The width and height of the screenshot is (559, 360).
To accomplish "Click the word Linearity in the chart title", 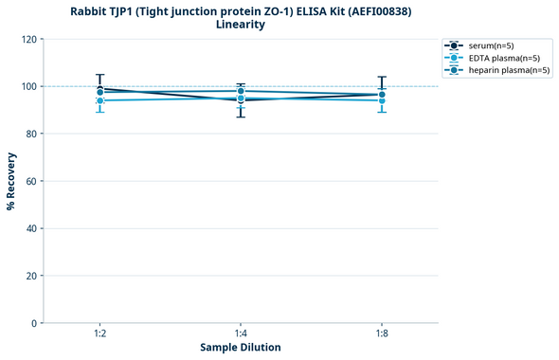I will pyautogui.click(x=241, y=25).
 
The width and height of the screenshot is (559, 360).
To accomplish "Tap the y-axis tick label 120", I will pyautogui.click(x=29, y=39).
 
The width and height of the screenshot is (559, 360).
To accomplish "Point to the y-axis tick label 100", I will pyautogui.click(x=29, y=86).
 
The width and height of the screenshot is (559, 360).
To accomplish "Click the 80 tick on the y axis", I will pyautogui.click(x=32, y=134).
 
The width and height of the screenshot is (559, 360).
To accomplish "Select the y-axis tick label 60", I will pyautogui.click(x=32, y=181).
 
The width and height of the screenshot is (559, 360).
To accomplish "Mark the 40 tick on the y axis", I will pyautogui.click(x=32, y=228).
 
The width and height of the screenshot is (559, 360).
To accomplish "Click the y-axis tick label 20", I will pyautogui.click(x=32, y=276).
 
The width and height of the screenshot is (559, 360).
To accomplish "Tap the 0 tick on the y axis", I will pyautogui.click(x=35, y=323).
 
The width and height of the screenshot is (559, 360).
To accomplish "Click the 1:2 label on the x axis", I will pyautogui.click(x=99, y=334).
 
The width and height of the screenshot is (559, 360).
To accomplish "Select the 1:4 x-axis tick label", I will pyautogui.click(x=241, y=334).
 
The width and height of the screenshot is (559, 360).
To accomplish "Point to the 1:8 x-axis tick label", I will pyautogui.click(x=382, y=334).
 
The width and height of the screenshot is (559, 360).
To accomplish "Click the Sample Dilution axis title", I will pyautogui.click(x=241, y=348).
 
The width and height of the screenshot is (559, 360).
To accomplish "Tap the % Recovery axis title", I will pyautogui.click(x=11, y=181).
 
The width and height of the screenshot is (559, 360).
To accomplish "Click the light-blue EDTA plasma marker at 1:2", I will pyautogui.click(x=99, y=100).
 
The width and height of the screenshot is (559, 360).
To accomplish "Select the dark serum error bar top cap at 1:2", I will pyautogui.click(x=99, y=75).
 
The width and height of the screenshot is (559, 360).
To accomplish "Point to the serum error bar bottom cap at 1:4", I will pyautogui.click(x=241, y=117).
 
